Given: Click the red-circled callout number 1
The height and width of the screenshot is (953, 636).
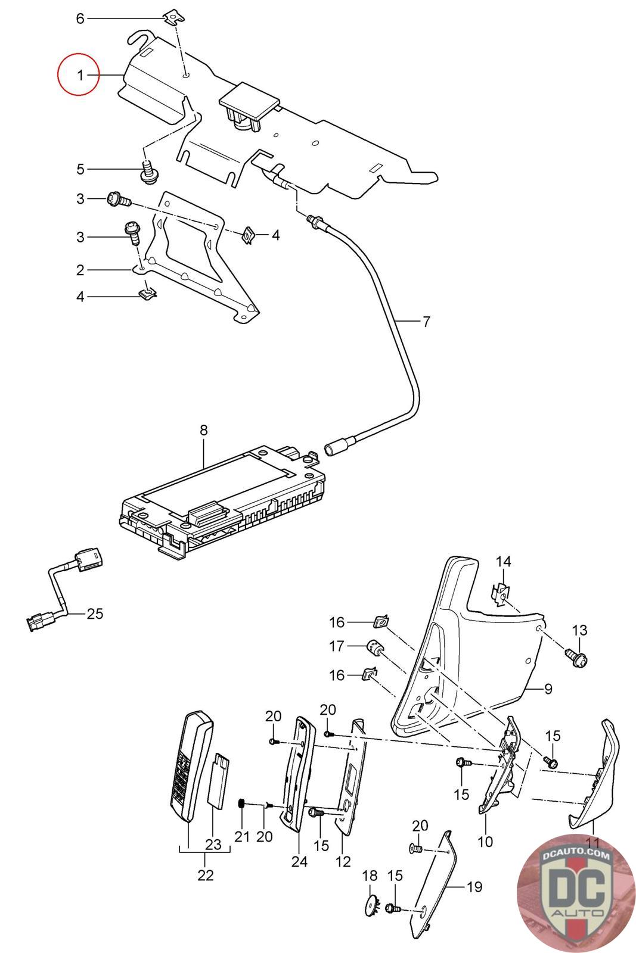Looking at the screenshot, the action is (x=80, y=75).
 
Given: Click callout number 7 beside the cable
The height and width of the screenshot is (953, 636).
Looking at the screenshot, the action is (x=426, y=322).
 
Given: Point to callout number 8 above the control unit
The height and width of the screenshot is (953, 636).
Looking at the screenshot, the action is (x=203, y=430).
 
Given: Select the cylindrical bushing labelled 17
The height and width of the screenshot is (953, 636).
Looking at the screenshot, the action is (x=375, y=647).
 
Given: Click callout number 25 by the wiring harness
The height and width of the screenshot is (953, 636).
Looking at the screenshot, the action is (x=95, y=613).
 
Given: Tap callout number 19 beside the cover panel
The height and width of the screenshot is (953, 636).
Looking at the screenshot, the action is (x=474, y=887).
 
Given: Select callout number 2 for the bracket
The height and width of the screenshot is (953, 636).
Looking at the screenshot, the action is (x=80, y=270).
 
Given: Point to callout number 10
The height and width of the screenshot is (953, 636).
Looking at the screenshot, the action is (x=485, y=841).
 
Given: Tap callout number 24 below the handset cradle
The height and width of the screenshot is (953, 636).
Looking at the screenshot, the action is (x=299, y=861).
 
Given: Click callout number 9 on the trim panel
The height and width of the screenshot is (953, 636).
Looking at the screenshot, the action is (x=548, y=689).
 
